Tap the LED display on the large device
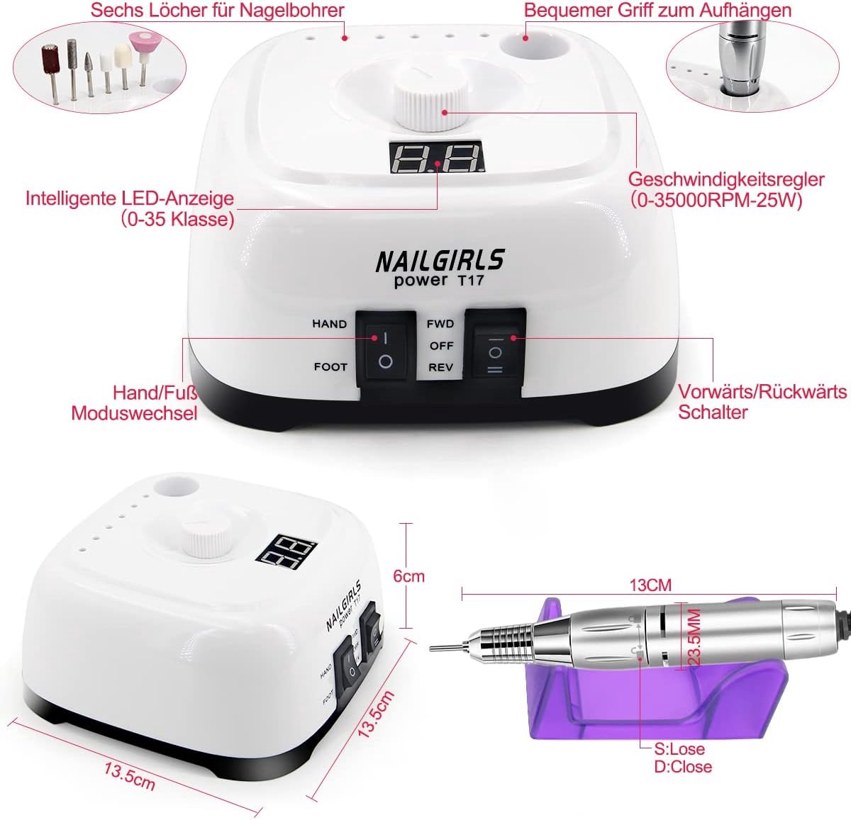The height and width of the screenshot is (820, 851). pos(437,157)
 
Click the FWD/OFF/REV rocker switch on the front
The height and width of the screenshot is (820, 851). pos(495,352)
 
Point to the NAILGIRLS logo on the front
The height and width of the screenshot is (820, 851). pos(440,261)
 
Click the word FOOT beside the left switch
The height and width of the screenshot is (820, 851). pos(330,367)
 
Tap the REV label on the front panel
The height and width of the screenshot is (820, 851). pos(440,368)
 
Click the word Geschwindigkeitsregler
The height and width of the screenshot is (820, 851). pos(726,179)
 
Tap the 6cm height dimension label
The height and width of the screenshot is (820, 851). pos(409,576)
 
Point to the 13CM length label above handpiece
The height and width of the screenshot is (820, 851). pos(650,585)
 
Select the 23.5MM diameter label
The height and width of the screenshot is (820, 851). pos(695,637)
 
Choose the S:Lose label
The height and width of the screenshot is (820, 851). pos(679,749)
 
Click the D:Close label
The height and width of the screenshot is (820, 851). pos(683,766)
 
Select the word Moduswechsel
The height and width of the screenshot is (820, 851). pos(134,413)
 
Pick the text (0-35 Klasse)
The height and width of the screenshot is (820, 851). pos(177,219)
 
